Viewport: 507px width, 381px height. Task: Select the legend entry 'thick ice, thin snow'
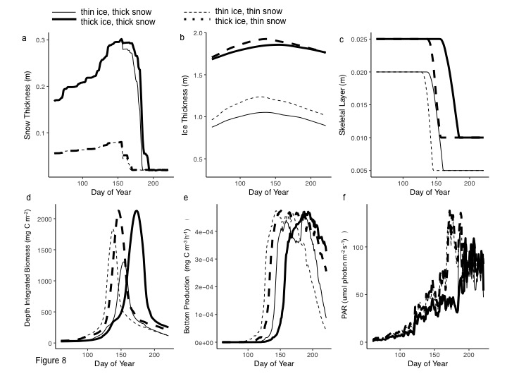251,22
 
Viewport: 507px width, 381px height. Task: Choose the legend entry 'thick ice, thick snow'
118,23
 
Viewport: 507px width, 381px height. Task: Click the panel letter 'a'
24,38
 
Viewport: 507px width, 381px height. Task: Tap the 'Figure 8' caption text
51,361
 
